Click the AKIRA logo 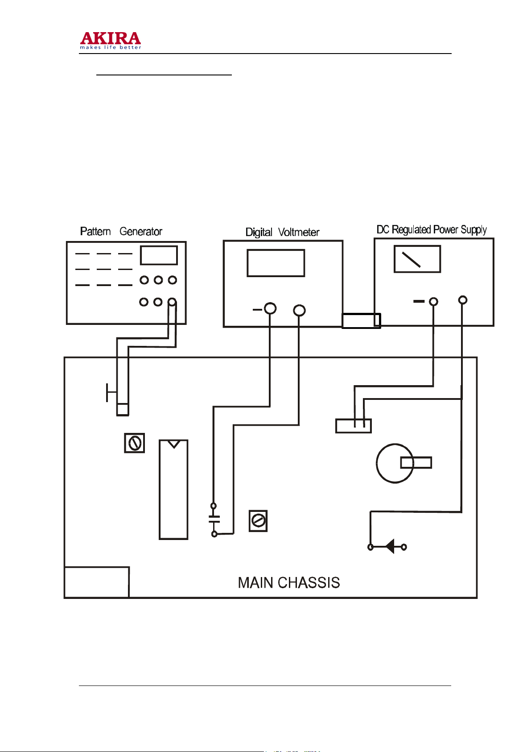[111, 41]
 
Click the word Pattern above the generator [95, 231]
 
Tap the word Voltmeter [299, 232]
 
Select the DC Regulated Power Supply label [432, 230]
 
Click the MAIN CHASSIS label [289, 583]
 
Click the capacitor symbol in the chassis [214, 519]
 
